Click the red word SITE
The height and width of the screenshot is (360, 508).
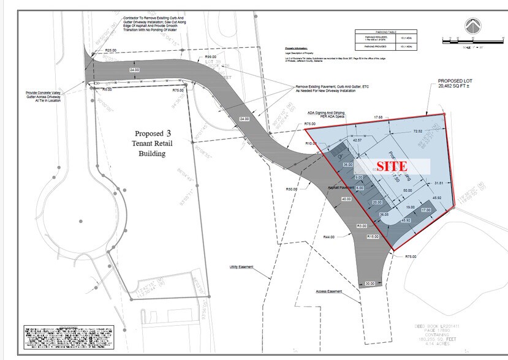[392, 166]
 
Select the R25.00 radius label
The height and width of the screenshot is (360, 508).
[111, 50]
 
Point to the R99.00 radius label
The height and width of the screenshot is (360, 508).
[211, 56]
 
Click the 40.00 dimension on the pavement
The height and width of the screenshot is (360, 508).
[347, 200]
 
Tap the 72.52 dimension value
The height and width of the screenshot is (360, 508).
[419, 131]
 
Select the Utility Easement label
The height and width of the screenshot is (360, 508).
[241, 268]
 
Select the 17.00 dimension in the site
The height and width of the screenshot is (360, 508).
[426, 210]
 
